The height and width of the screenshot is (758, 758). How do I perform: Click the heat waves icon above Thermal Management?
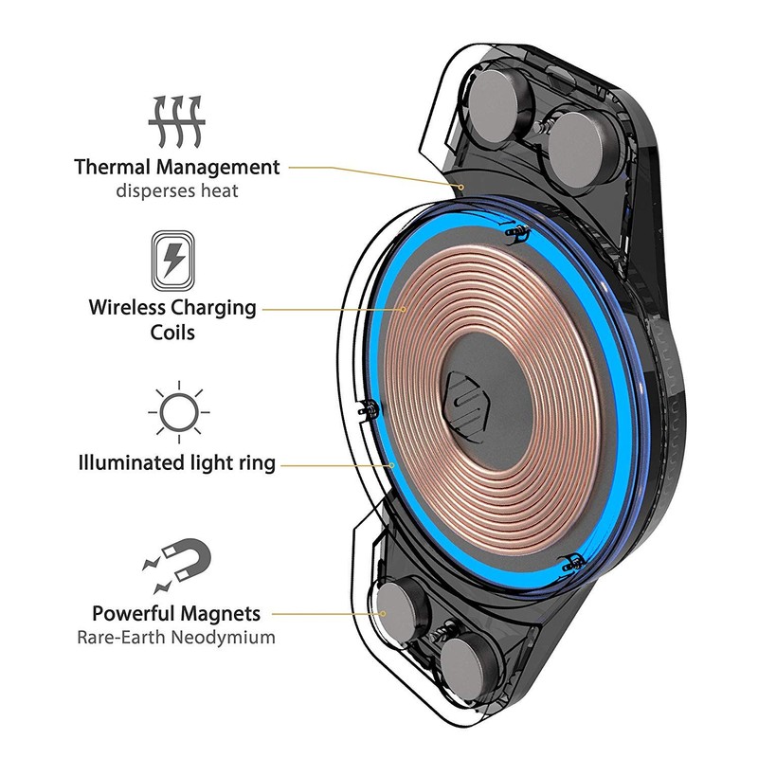pyautogui.click(x=177, y=121)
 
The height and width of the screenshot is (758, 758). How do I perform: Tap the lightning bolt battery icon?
pyautogui.click(x=173, y=262)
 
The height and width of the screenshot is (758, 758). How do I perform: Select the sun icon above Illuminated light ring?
pyautogui.click(x=179, y=412)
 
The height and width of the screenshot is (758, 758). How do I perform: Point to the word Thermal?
pyautogui.click(x=113, y=167)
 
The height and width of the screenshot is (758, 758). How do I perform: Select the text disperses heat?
pyautogui.click(x=177, y=190)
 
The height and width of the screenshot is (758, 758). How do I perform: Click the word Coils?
pyautogui.click(x=172, y=333)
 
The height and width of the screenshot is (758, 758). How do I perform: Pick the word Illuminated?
pyautogui.click(x=127, y=462)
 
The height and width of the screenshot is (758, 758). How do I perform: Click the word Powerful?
pyautogui.click(x=133, y=613)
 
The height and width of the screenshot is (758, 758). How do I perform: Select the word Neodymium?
pyautogui.click(x=223, y=637)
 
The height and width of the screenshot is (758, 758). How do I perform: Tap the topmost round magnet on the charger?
pyautogui.click(x=499, y=102)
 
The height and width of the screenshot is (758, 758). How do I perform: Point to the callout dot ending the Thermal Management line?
pyautogui.click(x=461, y=187)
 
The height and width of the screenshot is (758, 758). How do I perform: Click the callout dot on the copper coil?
pyautogui.click(x=404, y=309)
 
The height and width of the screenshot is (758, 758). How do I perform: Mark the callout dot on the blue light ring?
pyautogui.click(x=391, y=465)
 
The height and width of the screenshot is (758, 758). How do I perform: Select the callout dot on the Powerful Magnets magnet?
pyautogui.click(x=383, y=613)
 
